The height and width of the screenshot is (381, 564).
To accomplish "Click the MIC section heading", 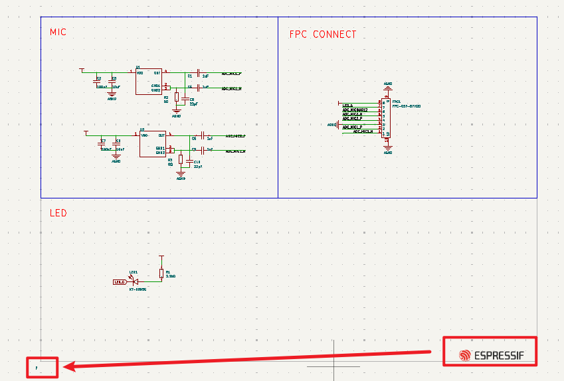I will (x=58, y=32).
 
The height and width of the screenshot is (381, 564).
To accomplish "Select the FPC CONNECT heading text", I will (x=323, y=35).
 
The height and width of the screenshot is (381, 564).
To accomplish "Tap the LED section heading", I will (x=58, y=213).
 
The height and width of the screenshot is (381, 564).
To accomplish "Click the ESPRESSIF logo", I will (x=491, y=356).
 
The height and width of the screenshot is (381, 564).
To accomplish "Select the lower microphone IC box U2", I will (x=152, y=143).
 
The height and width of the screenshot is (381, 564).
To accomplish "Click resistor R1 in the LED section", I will (x=161, y=273).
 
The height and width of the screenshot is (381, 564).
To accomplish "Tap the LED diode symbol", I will (x=136, y=282).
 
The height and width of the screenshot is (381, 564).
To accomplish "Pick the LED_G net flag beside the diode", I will (x=120, y=282).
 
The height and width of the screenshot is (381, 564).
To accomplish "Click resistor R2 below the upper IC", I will (x=177, y=97).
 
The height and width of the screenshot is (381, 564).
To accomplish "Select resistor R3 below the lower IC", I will (x=181, y=160).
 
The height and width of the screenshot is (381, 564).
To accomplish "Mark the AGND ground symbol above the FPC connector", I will (x=389, y=86).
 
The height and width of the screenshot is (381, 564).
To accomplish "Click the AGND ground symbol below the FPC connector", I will (x=389, y=149).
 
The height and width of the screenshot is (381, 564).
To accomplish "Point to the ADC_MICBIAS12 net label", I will (x=355, y=110).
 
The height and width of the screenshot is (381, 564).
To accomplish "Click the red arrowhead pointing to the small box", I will (x=69, y=366).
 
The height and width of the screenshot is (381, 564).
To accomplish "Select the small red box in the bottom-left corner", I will (x=42, y=367).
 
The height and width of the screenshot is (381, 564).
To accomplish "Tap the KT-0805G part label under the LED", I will (x=138, y=289).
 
